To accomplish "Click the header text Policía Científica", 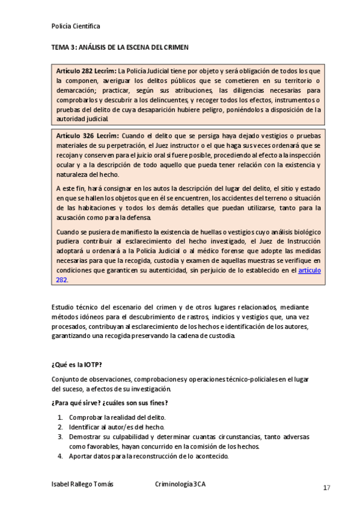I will tap(76, 26).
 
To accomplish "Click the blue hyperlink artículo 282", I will tap(310, 271).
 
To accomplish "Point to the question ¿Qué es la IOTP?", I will tap(77, 364).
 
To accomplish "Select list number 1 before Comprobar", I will tap(60, 417).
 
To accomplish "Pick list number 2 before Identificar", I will tap(60, 427).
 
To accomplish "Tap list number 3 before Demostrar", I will tap(60, 437).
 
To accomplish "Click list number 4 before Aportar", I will tap(60, 456).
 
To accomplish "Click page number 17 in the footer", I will tap(326, 487).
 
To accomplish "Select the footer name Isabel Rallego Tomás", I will tap(82, 484).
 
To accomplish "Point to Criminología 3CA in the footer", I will tap(180, 484).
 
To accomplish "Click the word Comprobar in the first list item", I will tap(85, 417).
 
